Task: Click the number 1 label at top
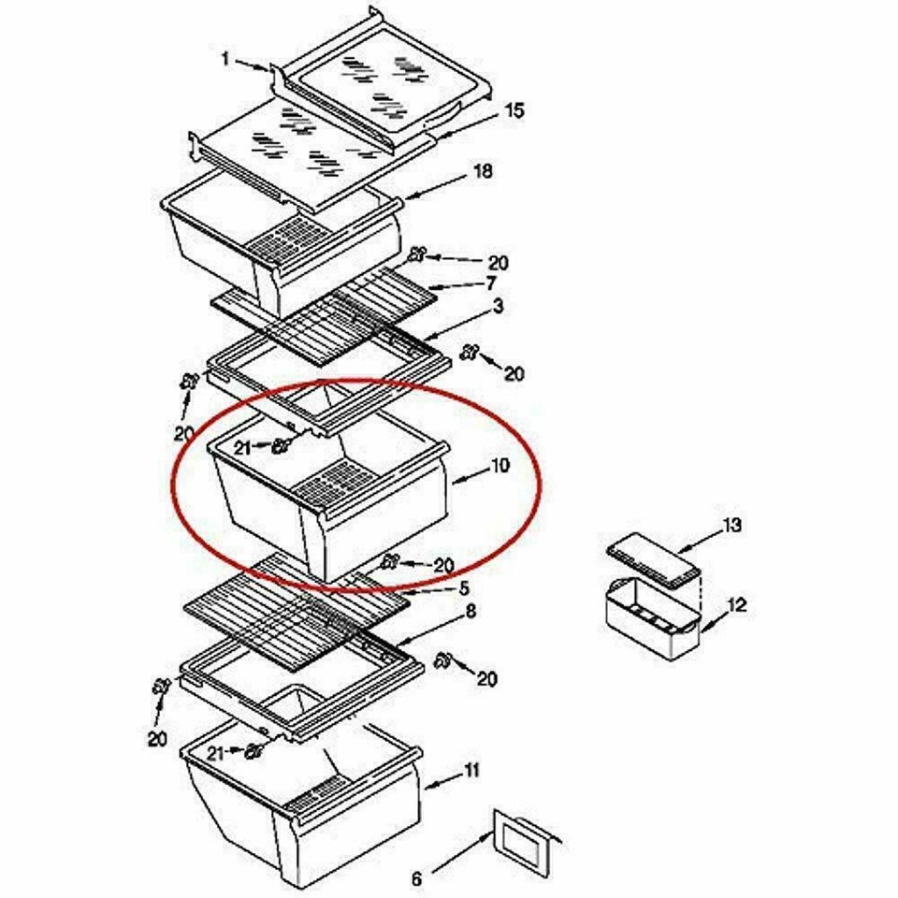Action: click(225, 59)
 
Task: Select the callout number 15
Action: click(514, 110)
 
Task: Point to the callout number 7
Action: click(490, 282)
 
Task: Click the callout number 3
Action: click(499, 306)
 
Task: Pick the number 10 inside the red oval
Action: click(500, 465)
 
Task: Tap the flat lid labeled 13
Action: click(653, 559)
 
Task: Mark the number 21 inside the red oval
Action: click(242, 449)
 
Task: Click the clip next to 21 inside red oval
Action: click(279, 447)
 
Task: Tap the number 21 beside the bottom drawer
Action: click(216, 752)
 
